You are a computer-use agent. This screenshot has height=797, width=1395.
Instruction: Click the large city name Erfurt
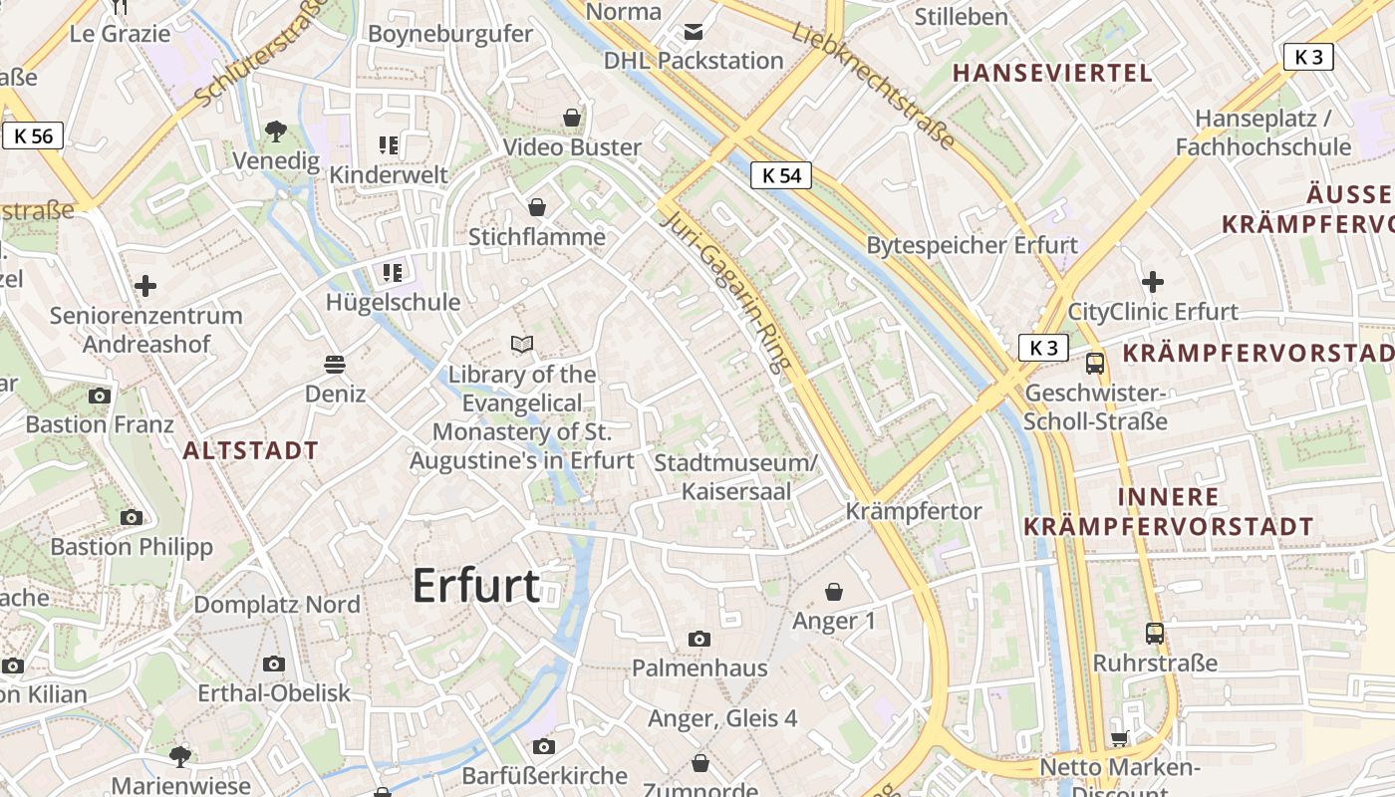click(x=476, y=585)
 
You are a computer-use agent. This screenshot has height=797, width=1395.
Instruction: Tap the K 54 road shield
click(x=781, y=175)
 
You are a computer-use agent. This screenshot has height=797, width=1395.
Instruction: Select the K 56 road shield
click(x=34, y=135)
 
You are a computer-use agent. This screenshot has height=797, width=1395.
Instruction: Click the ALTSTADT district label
click(x=250, y=450)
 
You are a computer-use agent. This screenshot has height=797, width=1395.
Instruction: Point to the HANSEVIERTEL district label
click(x=1052, y=73)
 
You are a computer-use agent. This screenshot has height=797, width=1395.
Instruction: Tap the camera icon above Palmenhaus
click(x=699, y=639)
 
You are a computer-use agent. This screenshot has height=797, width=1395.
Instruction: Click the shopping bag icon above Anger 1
click(x=834, y=592)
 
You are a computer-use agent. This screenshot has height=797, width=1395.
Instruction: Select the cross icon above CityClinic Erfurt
click(x=1153, y=282)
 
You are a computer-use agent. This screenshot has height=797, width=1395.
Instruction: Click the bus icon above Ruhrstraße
click(x=1154, y=633)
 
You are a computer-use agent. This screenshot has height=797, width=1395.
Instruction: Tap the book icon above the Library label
click(x=522, y=345)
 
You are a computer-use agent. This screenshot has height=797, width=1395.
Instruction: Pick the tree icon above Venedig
click(x=276, y=131)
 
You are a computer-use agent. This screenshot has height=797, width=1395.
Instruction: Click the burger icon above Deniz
click(x=335, y=365)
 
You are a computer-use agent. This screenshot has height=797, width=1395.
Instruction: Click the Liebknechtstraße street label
click(x=875, y=87)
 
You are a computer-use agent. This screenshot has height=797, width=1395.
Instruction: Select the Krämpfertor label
click(x=914, y=511)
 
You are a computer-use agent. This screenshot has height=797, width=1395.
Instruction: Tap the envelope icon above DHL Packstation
click(x=694, y=32)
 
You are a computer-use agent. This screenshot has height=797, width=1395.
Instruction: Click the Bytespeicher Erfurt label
click(x=972, y=245)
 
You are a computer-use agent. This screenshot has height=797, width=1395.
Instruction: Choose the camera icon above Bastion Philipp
click(x=132, y=517)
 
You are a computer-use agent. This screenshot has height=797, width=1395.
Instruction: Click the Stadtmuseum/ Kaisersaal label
click(x=735, y=477)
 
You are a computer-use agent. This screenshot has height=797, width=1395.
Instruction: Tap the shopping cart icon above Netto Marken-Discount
click(x=1120, y=738)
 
